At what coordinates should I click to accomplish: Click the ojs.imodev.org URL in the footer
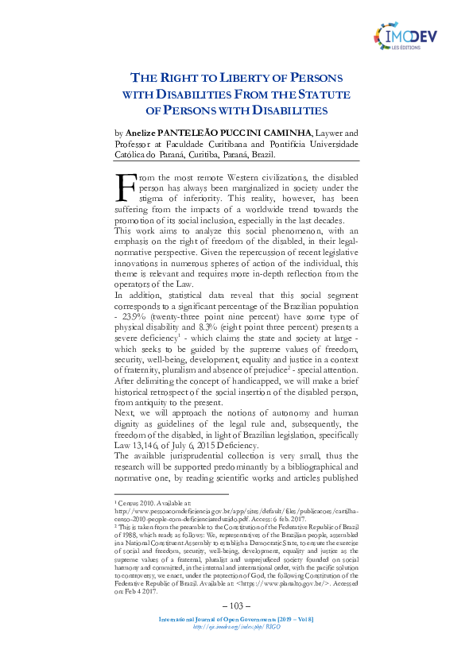tap(235, 649)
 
